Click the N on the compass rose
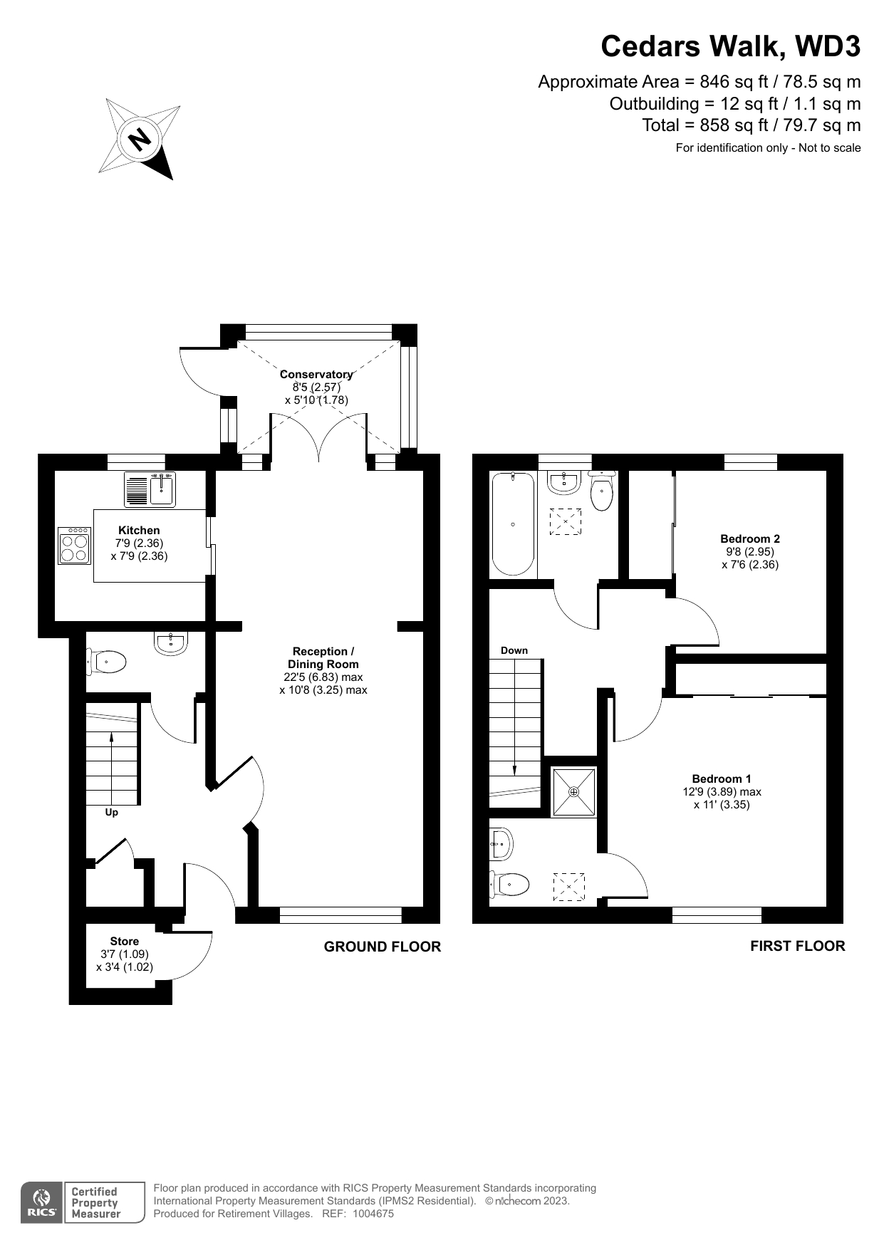pyautogui.click(x=140, y=137)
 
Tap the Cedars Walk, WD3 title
pyautogui.click(x=730, y=47)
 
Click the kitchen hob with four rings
pyautogui.click(x=74, y=546)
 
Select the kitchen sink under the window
pyautogui.click(x=162, y=489)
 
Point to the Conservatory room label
pyautogui.click(x=316, y=375)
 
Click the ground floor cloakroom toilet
pyautogui.click(x=107, y=662)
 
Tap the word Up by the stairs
pyautogui.click(x=112, y=813)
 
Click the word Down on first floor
pyautogui.click(x=514, y=650)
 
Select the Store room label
pyautogui.click(x=125, y=942)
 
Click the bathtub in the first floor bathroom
pyautogui.click(x=513, y=524)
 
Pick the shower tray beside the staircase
pyautogui.click(x=574, y=792)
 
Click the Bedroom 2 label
pyautogui.click(x=750, y=539)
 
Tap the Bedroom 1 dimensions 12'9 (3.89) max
pyautogui.click(x=722, y=792)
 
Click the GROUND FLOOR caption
pyautogui.click(x=383, y=947)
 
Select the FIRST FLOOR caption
pyautogui.click(x=797, y=946)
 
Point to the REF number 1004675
pyautogui.click(x=373, y=1214)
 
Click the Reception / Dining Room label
pyautogui.click(x=323, y=657)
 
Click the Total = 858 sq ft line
pyautogui.click(x=751, y=125)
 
